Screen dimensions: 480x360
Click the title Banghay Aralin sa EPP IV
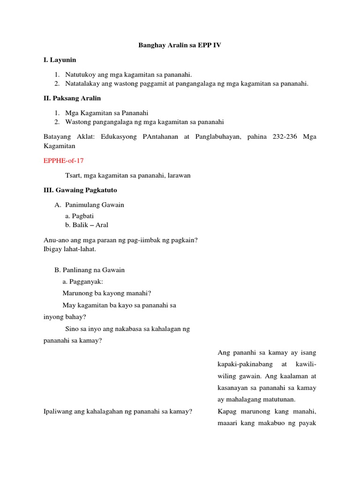(180, 45)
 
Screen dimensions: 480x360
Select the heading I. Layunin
(59, 60)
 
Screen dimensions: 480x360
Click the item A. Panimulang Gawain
(90, 205)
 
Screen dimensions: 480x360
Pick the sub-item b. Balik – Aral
(87, 225)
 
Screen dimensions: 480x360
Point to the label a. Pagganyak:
(82, 282)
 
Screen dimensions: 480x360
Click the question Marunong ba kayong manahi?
(107, 293)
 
